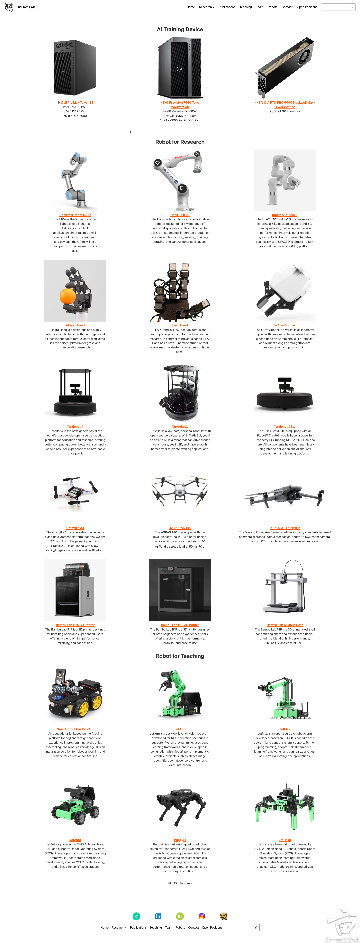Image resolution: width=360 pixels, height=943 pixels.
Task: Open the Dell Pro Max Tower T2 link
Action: click(77, 102)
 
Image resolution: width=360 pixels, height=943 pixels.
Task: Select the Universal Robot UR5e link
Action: click(75, 215)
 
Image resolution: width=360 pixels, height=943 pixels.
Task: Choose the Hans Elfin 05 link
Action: click(180, 215)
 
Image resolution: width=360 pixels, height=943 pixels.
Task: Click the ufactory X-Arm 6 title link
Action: click(285, 215)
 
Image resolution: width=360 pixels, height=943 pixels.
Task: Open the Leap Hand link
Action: click(180, 325)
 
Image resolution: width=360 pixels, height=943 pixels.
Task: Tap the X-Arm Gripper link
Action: click(285, 325)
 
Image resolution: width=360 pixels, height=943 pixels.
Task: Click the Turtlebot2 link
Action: click(180, 426)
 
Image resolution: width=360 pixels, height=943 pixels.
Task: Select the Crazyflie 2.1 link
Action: click(75, 528)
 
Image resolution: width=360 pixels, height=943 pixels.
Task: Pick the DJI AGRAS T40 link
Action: click(180, 528)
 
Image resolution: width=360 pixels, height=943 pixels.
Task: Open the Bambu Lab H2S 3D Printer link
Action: click(75, 625)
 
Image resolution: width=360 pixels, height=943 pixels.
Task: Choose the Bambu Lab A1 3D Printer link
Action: click(285, 625)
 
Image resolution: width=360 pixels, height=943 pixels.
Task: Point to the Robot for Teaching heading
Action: click(180, 656)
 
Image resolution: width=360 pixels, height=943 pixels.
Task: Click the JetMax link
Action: click(285, 729)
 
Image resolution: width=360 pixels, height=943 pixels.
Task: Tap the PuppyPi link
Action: click(180, 840)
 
